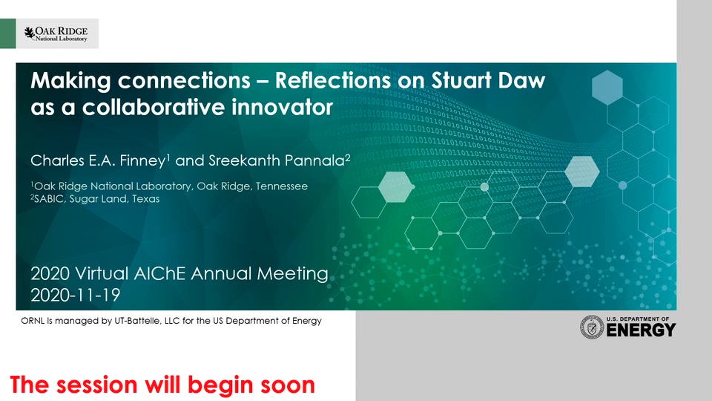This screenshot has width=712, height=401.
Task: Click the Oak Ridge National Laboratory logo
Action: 56,33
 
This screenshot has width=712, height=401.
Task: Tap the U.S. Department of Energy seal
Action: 592,327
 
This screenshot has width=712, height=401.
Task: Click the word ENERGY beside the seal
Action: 641,330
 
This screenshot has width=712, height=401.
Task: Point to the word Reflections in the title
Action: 332,80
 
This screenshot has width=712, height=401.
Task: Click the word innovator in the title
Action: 283,107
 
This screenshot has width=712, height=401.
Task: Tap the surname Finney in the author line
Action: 142,160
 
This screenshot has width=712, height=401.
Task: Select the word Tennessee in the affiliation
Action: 282,186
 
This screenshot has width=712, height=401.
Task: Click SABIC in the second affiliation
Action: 49,199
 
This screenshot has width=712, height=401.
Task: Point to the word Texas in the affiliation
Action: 146,199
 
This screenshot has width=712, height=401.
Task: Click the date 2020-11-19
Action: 76,296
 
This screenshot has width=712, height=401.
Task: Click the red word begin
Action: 220,385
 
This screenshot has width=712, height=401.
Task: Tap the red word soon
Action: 288,386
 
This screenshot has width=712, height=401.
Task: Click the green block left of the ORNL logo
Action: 7,33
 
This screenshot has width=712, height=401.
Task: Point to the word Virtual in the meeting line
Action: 102,274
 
